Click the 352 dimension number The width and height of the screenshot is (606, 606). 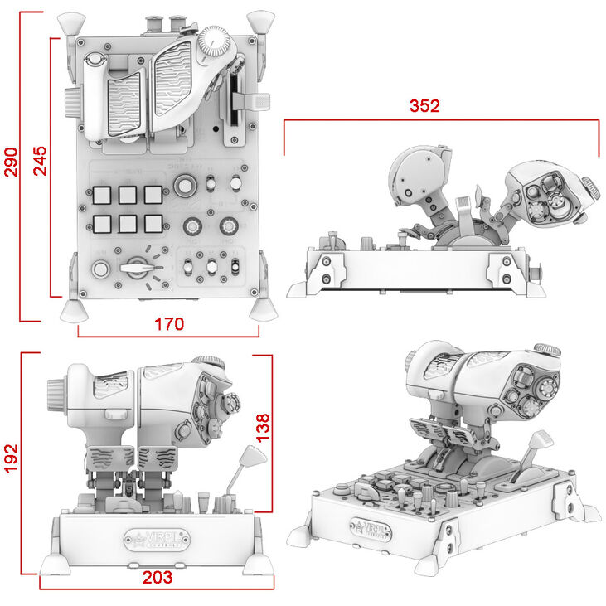[424, 106]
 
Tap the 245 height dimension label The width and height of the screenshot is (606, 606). [38, 161]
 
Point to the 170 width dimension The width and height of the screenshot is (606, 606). [169, 323]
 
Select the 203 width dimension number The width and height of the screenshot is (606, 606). [157, 577]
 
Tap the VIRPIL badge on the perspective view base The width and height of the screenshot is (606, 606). [370, 527]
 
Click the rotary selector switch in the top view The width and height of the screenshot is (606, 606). [138, 267]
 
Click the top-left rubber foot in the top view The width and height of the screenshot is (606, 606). [75, 21]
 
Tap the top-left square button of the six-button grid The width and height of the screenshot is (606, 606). [103, 195]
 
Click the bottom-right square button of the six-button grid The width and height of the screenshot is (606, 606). [153, 224]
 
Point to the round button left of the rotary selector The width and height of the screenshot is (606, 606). [101, 268]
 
